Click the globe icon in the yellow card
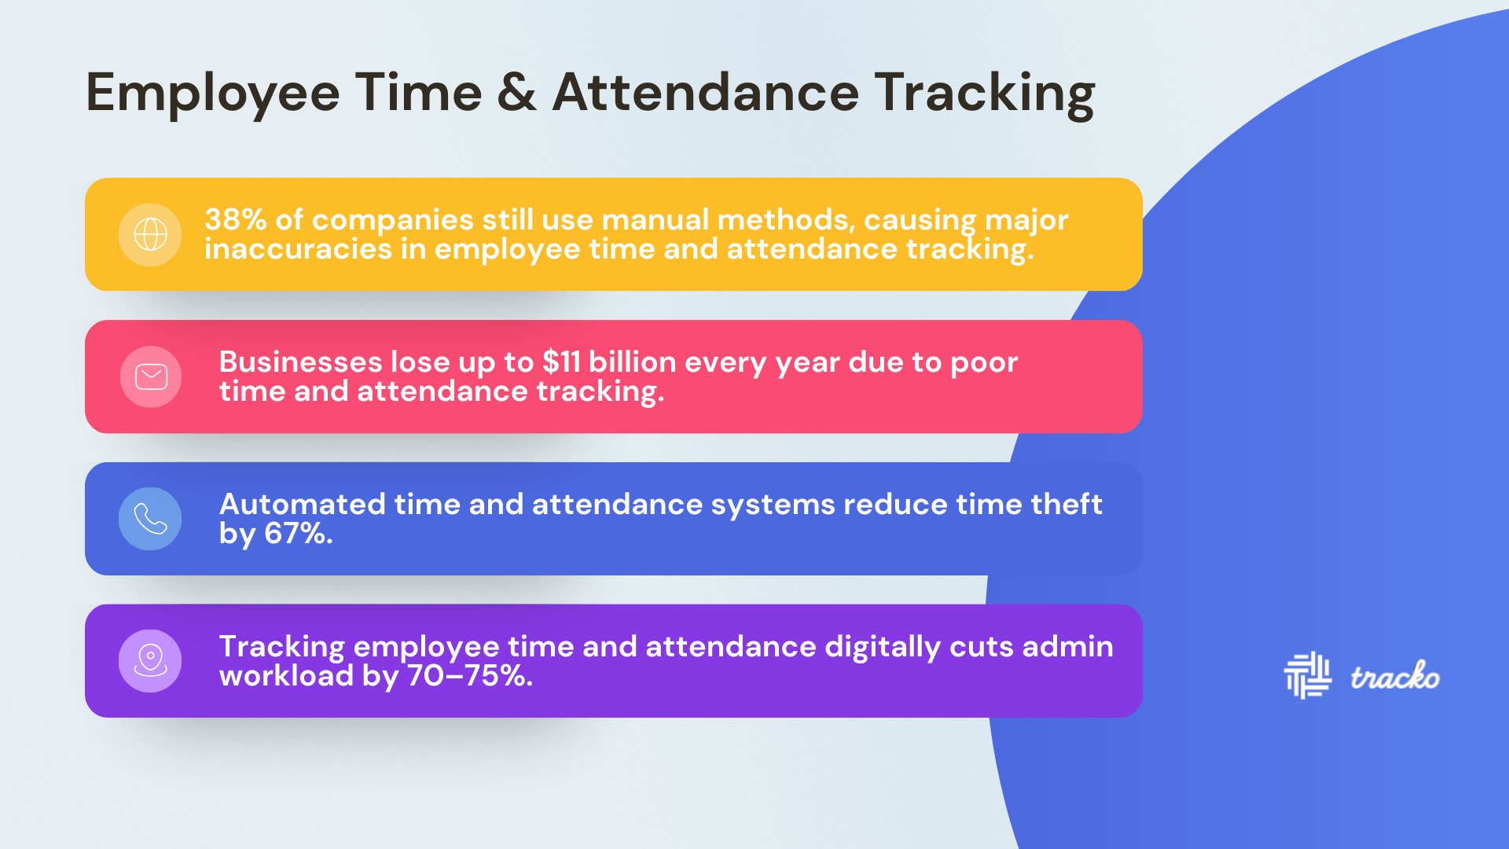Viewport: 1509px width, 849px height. (x=150, y=234)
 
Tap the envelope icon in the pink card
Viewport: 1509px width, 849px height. (x=151, y=377)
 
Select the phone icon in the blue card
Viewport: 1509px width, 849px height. (x=150, y=519)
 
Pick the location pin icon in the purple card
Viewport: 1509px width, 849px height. (x=150, y=660)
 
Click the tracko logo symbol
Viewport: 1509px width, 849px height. (x=1307, y=675)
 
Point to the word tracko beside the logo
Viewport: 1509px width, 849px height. (x=1395, y=676)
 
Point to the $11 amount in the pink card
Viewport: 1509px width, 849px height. (x=561, y=362)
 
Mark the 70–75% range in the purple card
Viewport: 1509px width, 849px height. (x=470, y=676)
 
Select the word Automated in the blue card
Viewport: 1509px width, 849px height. (x=303, y=504)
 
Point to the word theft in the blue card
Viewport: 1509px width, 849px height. (x=1067, y=504)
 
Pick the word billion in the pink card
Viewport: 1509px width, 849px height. (x=633, y=362)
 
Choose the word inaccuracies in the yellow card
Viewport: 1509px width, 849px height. (x=298, y=249)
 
